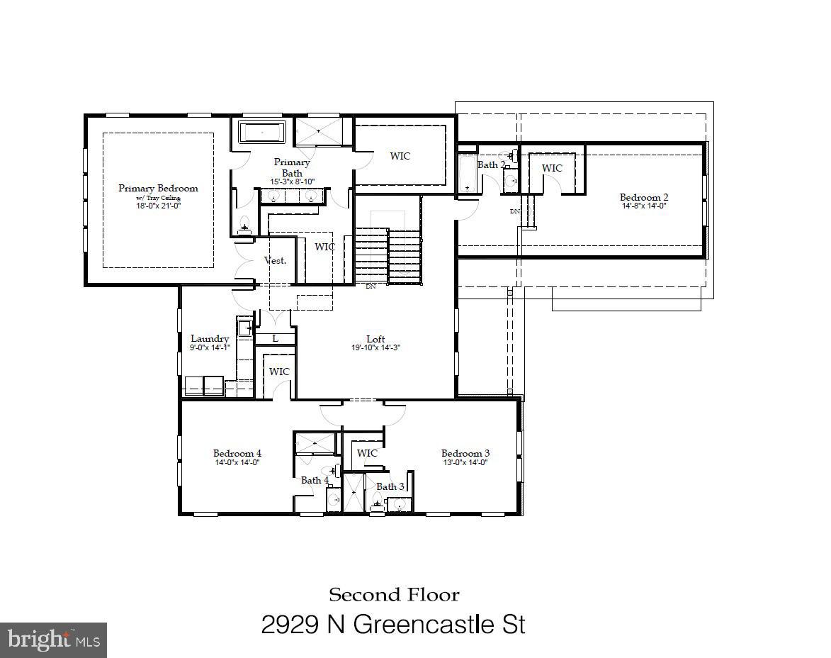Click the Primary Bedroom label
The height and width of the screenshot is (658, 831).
click(158, 188)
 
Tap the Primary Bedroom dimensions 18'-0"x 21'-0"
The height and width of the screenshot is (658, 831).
click(158, 206)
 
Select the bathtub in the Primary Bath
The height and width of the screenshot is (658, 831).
click(261, 133)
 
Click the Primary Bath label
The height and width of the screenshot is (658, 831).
click(292, 167)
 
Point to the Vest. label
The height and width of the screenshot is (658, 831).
click(275, 260)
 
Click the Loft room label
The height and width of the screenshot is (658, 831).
click(375, 339)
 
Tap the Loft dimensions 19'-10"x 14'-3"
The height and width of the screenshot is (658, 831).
click(375, 348)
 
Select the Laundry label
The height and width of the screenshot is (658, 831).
click(210, 339)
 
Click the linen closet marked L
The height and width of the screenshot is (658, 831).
click(275, 339)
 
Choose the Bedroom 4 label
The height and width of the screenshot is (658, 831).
click(237, 453)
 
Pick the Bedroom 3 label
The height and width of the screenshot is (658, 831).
click(465, 453)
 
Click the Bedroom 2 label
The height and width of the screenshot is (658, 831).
click(643, 197)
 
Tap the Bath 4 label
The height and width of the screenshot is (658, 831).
click(315, 480)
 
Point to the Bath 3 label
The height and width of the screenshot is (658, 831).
click(390, 486)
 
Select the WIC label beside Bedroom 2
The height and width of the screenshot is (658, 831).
click(552, 168)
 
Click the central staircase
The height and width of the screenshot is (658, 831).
click(388, 255)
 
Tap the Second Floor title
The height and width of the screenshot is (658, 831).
click(394, 594)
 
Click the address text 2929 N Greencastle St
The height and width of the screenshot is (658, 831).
click(393, 625)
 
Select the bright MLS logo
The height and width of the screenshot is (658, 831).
click(53, 640)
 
